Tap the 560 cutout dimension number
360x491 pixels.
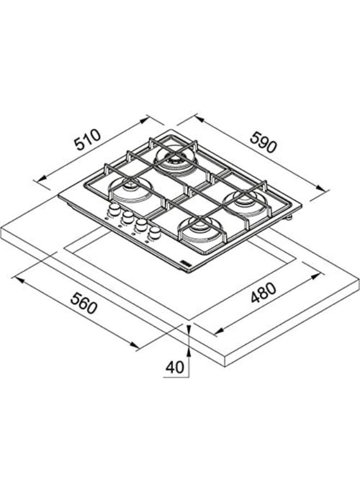tap(83, 303)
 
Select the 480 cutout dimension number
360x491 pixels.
tap(263, 293)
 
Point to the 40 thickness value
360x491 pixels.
tap(175, 367)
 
